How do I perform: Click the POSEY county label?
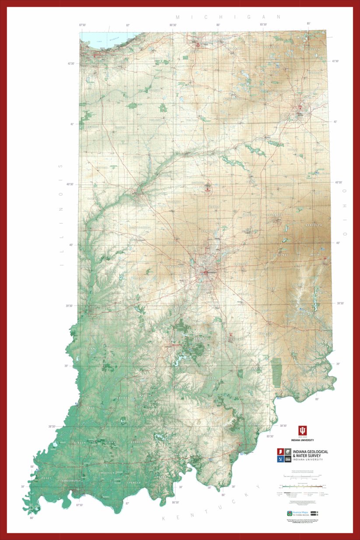pos(46,478)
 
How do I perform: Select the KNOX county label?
pos(91,408)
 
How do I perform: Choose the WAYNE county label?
pos(315,254)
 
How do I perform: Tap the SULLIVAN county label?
pos(87,349)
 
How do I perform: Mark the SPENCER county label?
pos(134,483)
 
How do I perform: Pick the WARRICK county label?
pos(107,473)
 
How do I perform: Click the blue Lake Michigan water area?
pos(103,38)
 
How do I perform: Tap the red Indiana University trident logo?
pos(303,430)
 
